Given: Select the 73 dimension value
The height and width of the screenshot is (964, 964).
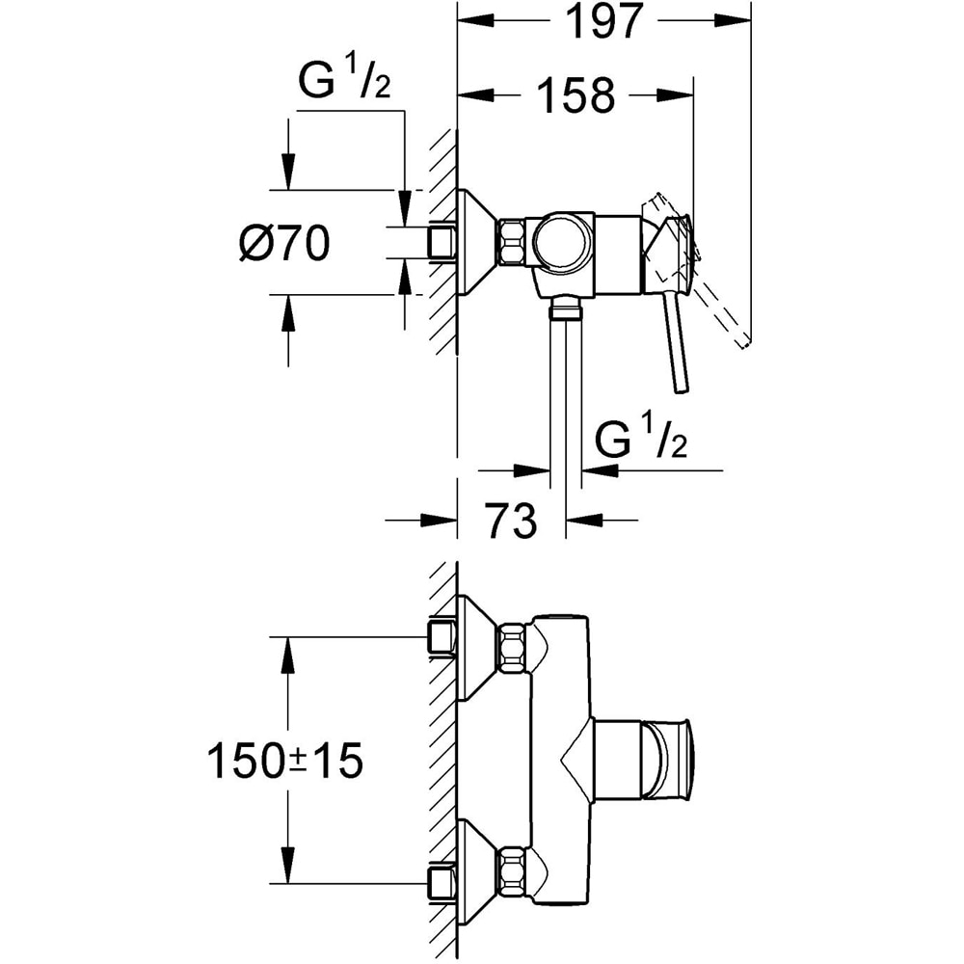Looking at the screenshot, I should tap(510, 522).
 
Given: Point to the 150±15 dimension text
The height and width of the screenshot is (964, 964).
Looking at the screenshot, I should tap(284, 761).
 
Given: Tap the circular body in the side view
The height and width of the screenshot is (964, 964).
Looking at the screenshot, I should tap(562, 241).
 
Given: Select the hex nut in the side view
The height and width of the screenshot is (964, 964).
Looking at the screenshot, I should tap(512, 241).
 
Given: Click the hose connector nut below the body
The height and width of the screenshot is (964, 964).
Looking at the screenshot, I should tap(563, 308).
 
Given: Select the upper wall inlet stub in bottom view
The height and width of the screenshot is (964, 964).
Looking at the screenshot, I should tap(441, 636).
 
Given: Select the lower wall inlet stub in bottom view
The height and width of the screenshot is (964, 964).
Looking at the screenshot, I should tap(441, 881).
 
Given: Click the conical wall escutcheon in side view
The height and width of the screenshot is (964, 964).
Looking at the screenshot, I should tap(476, 241).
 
